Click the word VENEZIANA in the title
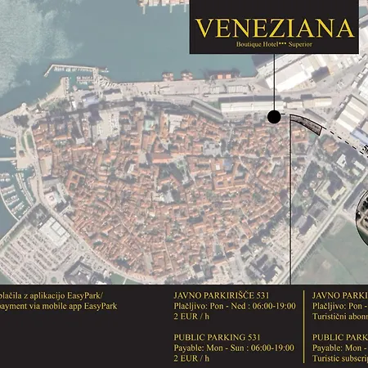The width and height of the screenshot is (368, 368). click(274, 28)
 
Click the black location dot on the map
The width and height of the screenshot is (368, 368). click(274, 117)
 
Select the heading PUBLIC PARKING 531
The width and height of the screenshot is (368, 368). click(217, 336)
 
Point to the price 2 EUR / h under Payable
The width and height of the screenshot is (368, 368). click(191, 357)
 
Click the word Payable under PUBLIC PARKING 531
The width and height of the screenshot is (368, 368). click(189, 347)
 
